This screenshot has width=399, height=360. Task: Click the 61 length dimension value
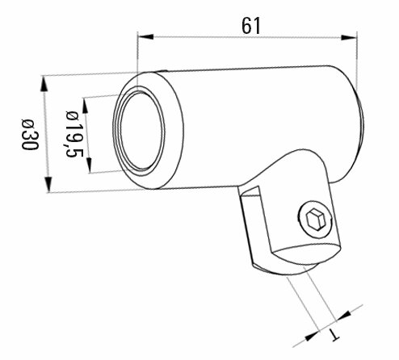pyautogui.click(x=251, y=26)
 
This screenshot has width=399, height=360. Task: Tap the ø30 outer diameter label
pyautogui.click(x=30, y=134)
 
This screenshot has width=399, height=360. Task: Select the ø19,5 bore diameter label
pyautogui.click(x=74, y=134)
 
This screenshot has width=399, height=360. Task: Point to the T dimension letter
pyautogui.click(x=334, y=335)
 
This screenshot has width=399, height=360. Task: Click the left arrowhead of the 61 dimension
pyautogui.click(x=145, y=37)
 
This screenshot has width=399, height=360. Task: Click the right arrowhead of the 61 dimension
pyautogui.click(x=349, y=37)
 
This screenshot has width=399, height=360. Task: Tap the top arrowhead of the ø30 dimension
pyautogui.click(x=44, y=84)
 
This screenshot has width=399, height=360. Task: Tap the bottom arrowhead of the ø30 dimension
pyautogui.click(x=48, y=184)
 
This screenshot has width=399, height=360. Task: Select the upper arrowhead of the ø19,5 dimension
pyautogui.click(x=85, y=105)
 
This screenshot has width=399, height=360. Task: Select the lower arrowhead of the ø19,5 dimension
pyautogui.click(x=89, y=165)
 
